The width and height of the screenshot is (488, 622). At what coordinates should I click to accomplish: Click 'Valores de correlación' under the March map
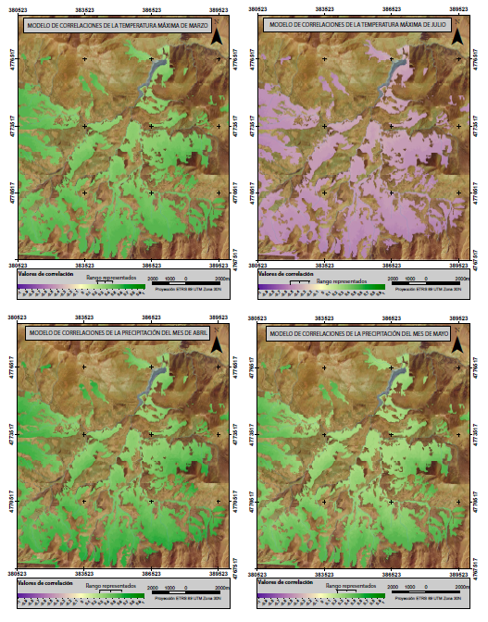[43, 274]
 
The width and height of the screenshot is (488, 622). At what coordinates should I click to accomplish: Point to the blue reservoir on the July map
[394, 72]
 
